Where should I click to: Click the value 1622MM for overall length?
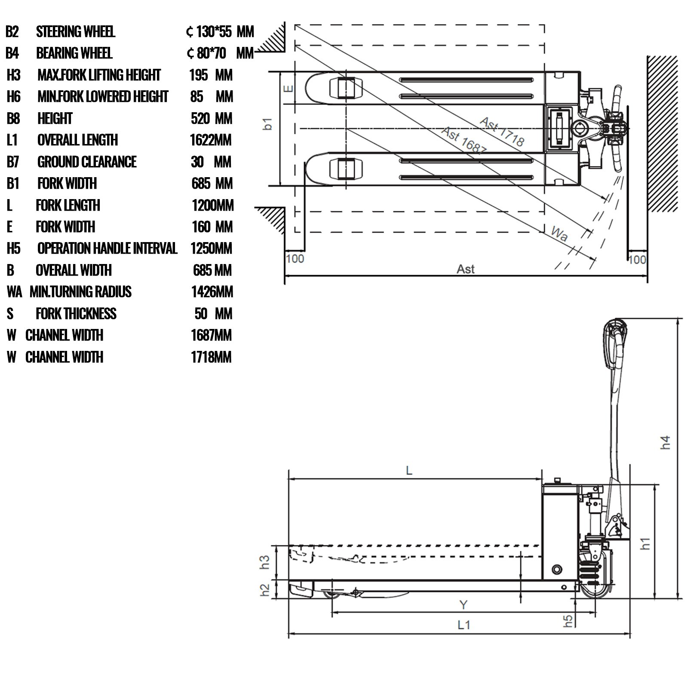coord(211,140)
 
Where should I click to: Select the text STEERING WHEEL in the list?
coord(76,31)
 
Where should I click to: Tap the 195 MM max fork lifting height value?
coord(211,75)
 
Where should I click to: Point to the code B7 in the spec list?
coord(13,162)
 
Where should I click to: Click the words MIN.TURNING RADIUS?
coord(80,292)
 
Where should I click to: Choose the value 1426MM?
coord(212,292)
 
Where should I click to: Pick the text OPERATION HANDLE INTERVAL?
coord(107,248)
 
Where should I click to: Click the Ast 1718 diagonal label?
coord(502,131)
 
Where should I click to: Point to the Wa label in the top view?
coord(559,233)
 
